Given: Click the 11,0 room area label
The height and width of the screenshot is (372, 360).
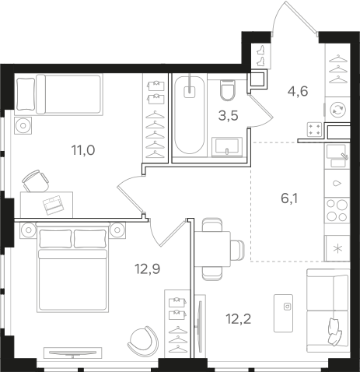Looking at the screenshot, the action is (83, 150).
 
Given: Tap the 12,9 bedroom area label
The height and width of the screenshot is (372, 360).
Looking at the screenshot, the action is (147, 268).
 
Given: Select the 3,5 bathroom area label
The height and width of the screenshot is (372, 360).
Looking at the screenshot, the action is (228, 116).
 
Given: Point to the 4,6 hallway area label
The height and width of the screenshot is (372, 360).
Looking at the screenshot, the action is (298, 91).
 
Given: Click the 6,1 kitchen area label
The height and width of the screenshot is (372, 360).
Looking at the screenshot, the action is (289, 198).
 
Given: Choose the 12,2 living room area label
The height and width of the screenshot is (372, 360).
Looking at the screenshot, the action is (239, 319).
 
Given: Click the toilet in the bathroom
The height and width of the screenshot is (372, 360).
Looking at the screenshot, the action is (228, 89).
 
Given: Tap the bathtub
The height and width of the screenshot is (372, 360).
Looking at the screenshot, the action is (190, 115).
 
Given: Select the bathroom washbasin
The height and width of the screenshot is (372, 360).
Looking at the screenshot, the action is (227, 147).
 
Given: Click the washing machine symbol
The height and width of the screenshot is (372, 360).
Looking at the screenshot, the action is (338, 109).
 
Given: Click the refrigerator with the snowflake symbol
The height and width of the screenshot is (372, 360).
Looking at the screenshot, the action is (337, 248).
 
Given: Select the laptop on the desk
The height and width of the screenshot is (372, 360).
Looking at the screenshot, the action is (54, 204).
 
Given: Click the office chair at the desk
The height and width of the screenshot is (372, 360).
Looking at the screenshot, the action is (36, 181).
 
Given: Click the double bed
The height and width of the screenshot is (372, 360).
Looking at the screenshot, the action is (73, 268).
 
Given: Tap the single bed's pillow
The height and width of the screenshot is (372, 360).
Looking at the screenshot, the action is (26, 94).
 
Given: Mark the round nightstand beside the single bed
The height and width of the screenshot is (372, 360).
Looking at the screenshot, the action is (23, 125).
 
